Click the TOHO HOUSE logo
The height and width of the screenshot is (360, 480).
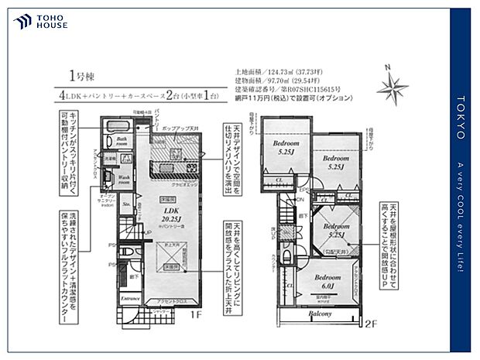(x=40, y=21)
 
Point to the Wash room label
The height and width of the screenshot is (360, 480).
(x=124, y=179)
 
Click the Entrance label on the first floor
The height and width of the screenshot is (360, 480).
(x=129, y=298)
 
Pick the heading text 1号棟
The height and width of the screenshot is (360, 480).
(x=81, y=75)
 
